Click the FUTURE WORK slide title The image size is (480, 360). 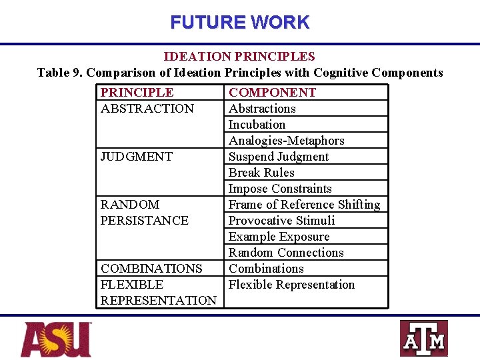(x=239, y=22)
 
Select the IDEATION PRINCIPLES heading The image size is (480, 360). (x=239, y=57)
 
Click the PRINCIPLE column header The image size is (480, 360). (x=137, y=93)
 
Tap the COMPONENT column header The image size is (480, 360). (x=272, y=93)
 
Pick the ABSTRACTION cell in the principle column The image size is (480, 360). (x=147, y=109)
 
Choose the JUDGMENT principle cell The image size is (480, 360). (x=136, y=157)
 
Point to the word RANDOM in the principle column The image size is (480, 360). (x=130, y=205)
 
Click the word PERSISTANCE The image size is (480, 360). (x=144, y=221)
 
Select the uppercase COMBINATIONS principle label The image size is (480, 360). (x=151, y=269)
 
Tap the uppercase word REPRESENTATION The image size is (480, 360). (x=158, y=301)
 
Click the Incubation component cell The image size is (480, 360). (x=257, y=125)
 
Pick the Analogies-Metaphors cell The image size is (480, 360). (x=287, y=141)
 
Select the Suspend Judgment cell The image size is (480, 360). (x=279, y=157)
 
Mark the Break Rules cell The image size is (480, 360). (x=261, y=173)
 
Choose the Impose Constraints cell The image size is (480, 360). (x=280, y=189)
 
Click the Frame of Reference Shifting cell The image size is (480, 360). (x=304, y=205)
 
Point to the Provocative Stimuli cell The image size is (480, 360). (x=281, y=221)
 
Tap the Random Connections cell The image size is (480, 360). (x=286, y=253)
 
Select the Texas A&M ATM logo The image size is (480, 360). (x=423, y=339)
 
